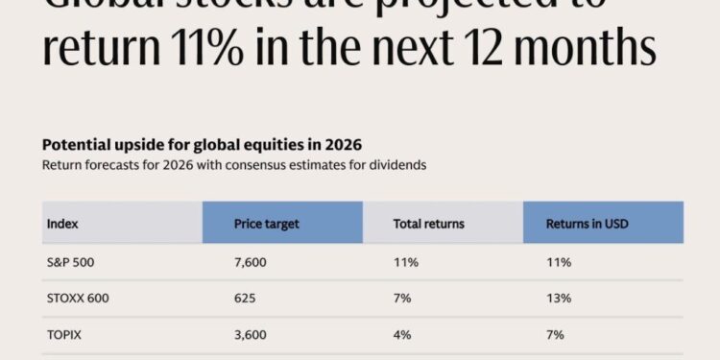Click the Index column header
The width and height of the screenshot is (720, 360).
61,224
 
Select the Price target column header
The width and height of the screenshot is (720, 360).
267,224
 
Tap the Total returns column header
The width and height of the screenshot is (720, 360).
428,224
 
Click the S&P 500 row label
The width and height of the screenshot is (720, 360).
69,261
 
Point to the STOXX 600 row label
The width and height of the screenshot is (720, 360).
77,298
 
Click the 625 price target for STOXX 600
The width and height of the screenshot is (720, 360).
245,298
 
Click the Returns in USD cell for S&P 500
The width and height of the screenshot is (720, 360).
558,261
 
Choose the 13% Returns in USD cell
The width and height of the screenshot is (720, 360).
559,298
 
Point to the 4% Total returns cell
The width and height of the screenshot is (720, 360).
402,334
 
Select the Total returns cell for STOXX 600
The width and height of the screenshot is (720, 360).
402,298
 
